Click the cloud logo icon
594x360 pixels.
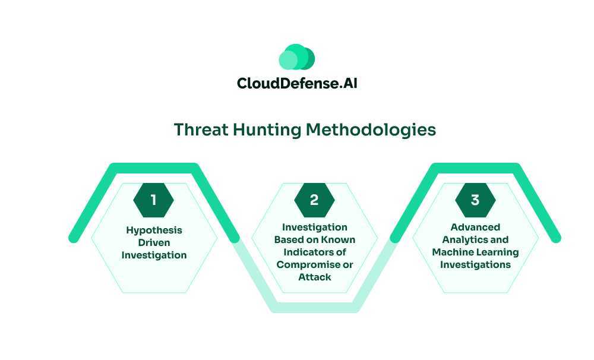click(296, 57)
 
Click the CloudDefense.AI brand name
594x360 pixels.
click(297, 83)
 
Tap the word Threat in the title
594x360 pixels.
click(201, 130)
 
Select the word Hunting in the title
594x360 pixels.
click(267, 130)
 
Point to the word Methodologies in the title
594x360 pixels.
click(371, 130)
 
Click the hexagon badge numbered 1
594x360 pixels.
click(153, 200)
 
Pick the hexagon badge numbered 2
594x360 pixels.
click(314, 200)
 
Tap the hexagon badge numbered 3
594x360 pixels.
click(475, 200)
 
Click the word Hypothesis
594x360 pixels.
click(154, 230)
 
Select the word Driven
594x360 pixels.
click(154, 242)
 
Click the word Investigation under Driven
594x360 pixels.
click(154, 255)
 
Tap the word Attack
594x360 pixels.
click(315, 277)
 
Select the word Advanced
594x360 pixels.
click(475, 227)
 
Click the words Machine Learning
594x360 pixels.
click(475, 252)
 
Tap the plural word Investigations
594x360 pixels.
click(475, 265)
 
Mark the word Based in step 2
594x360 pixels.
click(287, 239)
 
